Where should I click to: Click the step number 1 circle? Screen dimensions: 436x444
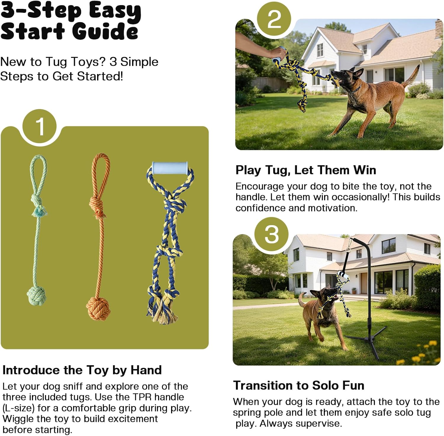[39, 126]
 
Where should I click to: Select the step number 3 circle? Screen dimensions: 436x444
[271, 234]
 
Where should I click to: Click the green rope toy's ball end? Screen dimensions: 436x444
[36, 296]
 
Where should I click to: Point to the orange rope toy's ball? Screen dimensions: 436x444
[98, 308]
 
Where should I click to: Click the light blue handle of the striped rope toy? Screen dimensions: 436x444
[170, 168]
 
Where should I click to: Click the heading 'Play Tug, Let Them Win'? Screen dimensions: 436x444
[305, 170]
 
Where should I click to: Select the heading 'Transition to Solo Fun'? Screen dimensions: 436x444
[298, 385]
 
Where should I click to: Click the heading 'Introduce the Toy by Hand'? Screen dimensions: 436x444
[82, 370]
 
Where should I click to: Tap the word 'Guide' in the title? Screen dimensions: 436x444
[105, 31]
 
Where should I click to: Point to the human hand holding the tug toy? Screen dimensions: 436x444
[277, 53]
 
